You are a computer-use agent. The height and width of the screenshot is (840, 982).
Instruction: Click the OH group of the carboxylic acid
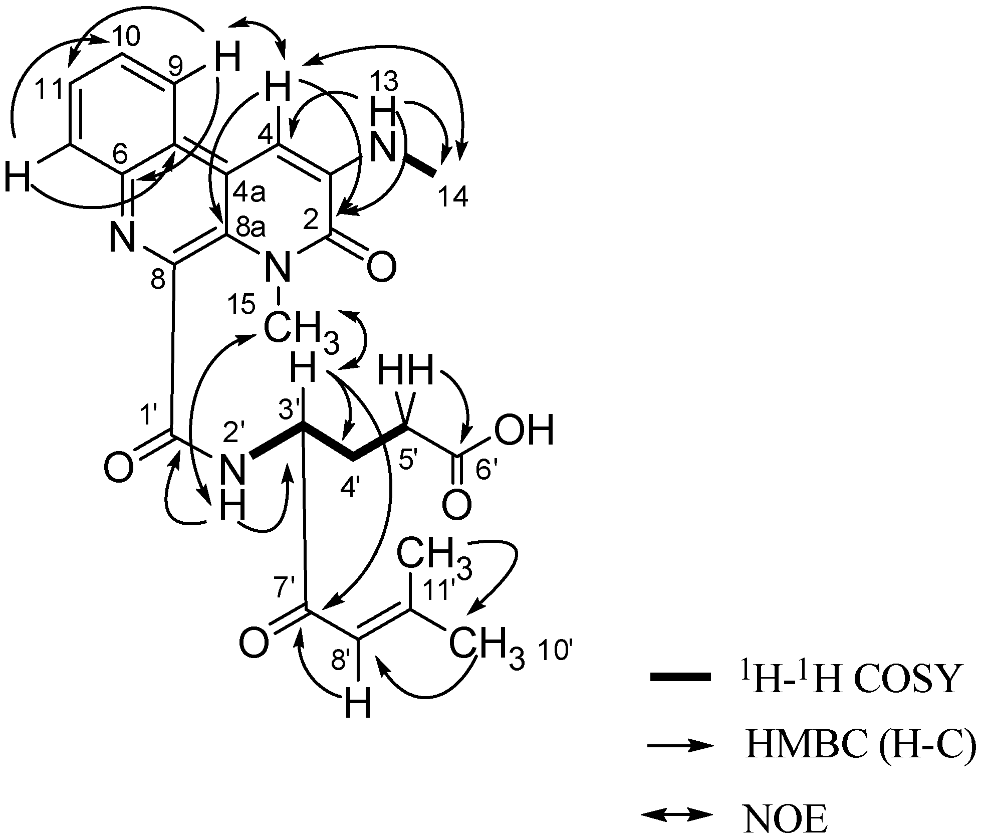[x=524, y=430]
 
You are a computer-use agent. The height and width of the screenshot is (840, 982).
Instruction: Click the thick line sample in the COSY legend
[x=680, y=677]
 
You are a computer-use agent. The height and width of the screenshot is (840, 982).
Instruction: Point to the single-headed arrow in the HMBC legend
[x=680, y=747]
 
